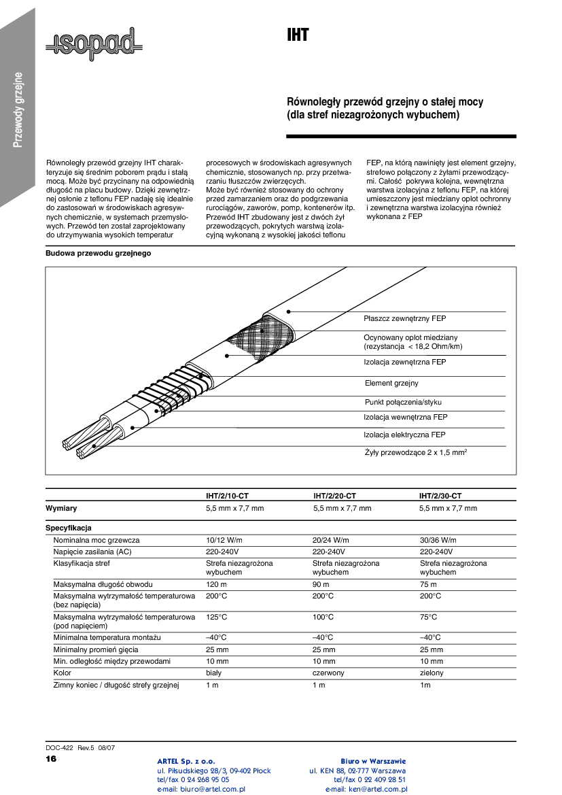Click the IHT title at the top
(298, 35)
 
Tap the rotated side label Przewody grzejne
(19, 109)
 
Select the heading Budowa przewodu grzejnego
(98, 254)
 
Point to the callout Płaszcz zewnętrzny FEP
(404, 318)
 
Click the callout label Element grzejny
(391, 384)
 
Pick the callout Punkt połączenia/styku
(403, 402)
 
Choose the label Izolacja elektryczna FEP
(404, 435)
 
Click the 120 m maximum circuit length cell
(216, 584)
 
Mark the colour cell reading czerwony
(328, 673)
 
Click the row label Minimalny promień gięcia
(96, 649)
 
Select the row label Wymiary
(61, 508)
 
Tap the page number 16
(51, 758)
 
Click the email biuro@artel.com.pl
(201, 790)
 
